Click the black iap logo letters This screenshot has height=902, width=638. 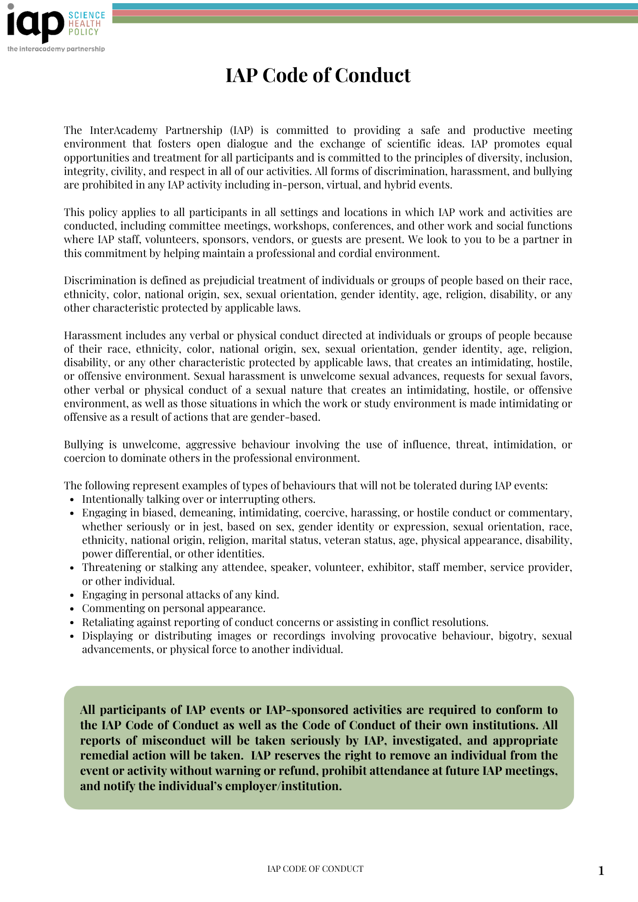click(x=35, y=25)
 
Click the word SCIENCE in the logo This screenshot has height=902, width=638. click(x=87, y=15)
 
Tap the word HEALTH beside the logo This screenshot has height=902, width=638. click(x=84, y=23)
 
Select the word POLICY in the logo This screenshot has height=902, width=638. click(x=83, y=32)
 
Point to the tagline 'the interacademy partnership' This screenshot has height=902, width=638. click(x=56, y=49)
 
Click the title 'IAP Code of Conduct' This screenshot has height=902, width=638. click(x=318, y=75)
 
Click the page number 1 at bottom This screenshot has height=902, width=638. click(x=601, y=871)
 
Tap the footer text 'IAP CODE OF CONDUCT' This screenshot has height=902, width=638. click(x=315, y=869)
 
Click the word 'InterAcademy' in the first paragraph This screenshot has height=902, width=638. click(x=123, y=130)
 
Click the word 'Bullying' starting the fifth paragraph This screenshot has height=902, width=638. click(x=83, y=445)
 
